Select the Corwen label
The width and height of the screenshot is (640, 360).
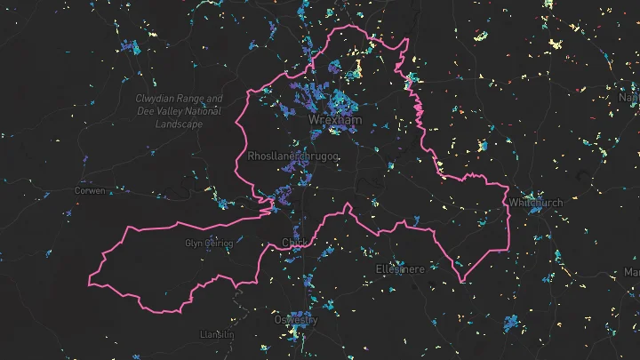tap(89, 191)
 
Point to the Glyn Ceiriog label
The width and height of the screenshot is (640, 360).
tap(208, 243)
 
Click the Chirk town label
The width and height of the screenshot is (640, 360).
tap(292, 243)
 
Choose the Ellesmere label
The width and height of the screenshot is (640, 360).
tap(401, 268)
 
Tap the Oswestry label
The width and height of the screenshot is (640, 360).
tap(294, 319)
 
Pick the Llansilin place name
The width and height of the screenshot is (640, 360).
tap(218, 334)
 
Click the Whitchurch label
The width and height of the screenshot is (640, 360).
tap(536, 203)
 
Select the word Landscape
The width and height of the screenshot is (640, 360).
tap(179, 124)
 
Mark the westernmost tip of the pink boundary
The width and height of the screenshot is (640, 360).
tap(89, 284)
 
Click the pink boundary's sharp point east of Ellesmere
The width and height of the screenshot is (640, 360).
tap(462, 283)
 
